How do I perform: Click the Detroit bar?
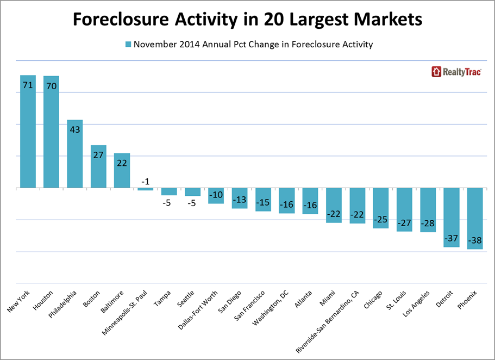coord(452,218)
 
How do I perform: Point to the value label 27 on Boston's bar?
coord(98,154)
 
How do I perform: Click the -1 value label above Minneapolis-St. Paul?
coord(146,182)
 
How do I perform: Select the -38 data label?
coord(475,240)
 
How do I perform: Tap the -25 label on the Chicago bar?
coord(381,219)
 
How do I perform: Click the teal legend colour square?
coord(128,45)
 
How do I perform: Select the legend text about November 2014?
coord(253,45)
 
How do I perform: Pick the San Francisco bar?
coord(264,200)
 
